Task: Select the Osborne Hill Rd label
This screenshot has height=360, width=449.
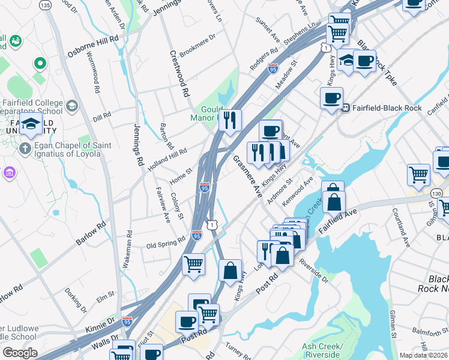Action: point(93,46)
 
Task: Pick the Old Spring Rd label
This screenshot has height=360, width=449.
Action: point(166,245)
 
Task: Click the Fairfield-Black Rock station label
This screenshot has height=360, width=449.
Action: point(395,108)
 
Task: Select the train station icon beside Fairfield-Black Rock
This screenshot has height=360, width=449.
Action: point(346,108)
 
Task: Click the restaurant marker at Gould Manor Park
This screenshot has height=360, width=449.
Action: point(230,121)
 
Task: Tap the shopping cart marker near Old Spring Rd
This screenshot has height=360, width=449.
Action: point(193,264)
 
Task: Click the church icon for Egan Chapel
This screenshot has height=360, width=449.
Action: point(25,148)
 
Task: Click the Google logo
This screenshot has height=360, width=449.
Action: point(20,353)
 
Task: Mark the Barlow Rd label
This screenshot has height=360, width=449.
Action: point(91,233)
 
